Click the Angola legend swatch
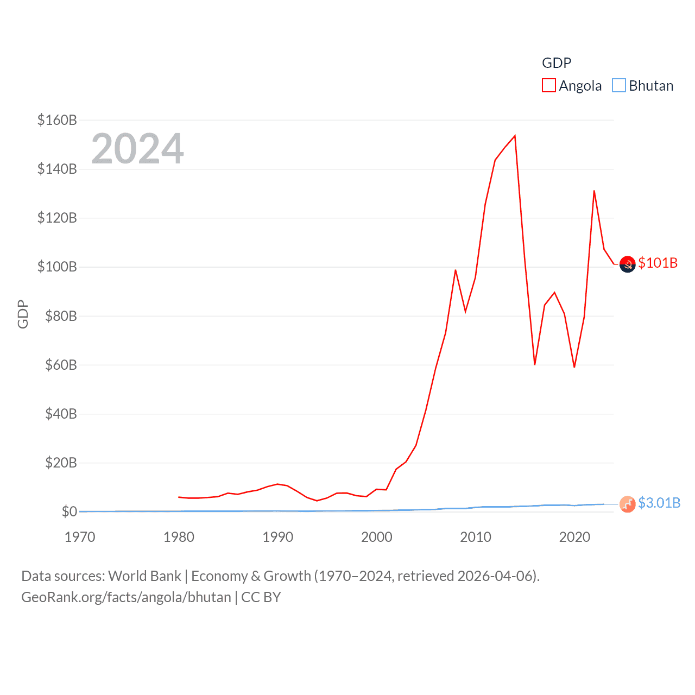point(549,86)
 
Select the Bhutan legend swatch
point(619,86)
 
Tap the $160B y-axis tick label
point(57,120)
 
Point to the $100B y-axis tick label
point(57,267)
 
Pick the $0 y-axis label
point(69,511)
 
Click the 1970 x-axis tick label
point(80,537)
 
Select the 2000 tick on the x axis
point(377,537)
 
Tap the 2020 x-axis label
point(574,537)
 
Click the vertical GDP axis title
point(23,314)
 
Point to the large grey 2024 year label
point(137,148)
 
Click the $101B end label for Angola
point(658,263)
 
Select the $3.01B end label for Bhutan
point(659,503)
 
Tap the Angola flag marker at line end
point(628,264)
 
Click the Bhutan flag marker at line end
point(628,504)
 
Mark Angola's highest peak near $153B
point(515,136)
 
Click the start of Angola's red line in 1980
point(179,497)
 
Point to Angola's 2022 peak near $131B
point(594,191)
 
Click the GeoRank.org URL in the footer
point(126,597)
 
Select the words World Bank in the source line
point(144,576)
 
